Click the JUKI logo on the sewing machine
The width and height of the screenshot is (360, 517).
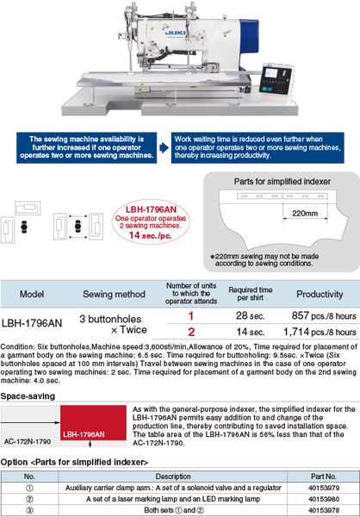point(175,33)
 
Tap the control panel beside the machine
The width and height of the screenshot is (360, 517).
point(276,79)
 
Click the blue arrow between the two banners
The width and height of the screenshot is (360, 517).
point(164,147)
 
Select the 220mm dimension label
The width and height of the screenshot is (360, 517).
point(305,214)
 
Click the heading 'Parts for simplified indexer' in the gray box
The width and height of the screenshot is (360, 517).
point(282,181)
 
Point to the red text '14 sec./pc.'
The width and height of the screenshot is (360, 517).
point(151,235)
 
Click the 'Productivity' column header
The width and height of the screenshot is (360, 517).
point(320,294)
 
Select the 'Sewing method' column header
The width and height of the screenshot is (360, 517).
point(114,294)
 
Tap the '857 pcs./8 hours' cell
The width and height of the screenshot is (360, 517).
point(324,315)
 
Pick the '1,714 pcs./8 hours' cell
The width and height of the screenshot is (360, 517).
point(320,332)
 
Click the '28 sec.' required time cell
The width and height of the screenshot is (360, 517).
point(251,315)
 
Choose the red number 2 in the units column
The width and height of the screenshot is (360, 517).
point(191,332)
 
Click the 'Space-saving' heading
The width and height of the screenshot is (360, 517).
point(28,396)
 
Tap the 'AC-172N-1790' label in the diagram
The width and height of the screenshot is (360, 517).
point(28,441)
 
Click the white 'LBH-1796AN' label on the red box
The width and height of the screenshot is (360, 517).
point(84,434)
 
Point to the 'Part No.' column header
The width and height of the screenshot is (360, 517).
point(324,477)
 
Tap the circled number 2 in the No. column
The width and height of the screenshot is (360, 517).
point(29,499)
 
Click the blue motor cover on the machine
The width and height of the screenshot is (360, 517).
point(249,37)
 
